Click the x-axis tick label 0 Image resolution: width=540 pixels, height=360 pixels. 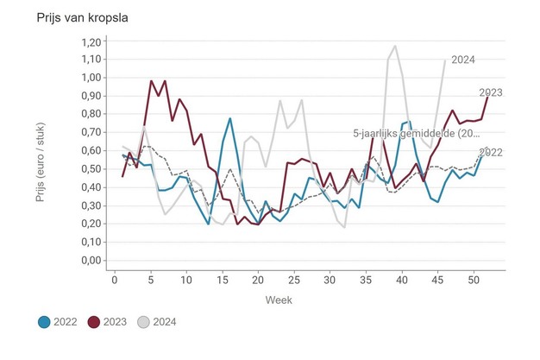(115, 279)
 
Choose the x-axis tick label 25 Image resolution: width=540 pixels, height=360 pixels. (294, 279)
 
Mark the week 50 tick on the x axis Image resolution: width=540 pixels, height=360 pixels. (474, 279)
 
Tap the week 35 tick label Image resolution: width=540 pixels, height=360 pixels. (366, 279)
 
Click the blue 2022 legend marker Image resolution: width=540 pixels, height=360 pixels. (44, 322)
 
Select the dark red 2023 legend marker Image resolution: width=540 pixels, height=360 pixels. (96, 322)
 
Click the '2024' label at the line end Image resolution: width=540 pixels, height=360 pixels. (462, 60)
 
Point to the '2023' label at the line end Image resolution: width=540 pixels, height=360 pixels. (491, 92)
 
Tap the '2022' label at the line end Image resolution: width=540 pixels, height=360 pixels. (491, 153)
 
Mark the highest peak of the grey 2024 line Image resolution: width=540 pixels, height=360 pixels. (395, 47)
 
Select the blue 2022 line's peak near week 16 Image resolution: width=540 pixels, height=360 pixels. (230, 118)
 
